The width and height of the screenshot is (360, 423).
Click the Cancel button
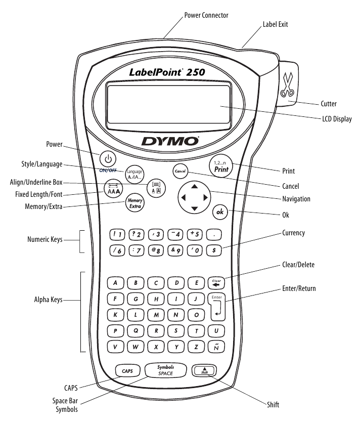click(181, 171)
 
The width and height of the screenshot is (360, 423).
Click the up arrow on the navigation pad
click(194, 186)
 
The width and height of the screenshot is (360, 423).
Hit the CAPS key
click(126, 371)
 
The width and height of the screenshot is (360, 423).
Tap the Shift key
click(204, 371)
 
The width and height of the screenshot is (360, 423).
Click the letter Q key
click(136, 330)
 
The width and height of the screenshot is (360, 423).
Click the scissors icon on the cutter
click(288, 84)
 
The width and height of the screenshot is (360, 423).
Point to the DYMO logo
click(169, 140)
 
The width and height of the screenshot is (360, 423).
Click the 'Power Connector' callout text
click(206, 15)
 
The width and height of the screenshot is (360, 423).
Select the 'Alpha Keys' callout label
click(46, 300)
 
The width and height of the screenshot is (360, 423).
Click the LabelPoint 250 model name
click(166, 72)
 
